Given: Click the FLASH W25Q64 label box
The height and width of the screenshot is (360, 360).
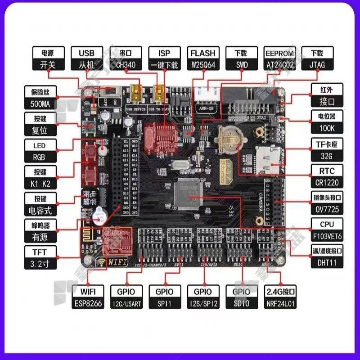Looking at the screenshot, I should click(x=203, y=59).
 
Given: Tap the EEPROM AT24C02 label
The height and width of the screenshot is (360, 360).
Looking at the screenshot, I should click(x=279, y=59).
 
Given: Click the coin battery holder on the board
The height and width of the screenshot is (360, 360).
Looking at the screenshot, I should click(x=229, y=139).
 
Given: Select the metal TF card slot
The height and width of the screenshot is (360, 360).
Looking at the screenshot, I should click(x=268, y=157).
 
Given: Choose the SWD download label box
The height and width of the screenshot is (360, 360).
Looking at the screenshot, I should click(x=241, y=59).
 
